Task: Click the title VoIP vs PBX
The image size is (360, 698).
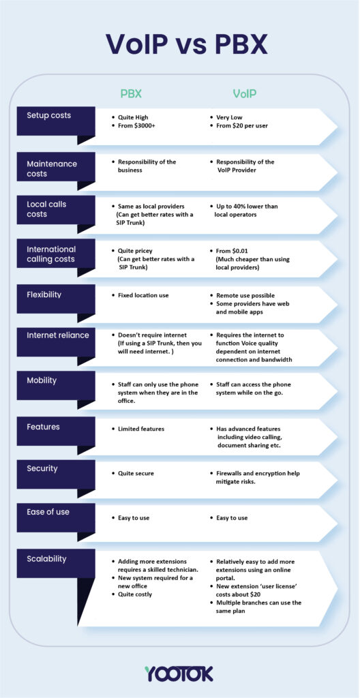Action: tap(186, 44)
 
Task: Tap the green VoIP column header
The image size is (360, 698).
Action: tap(245, 94)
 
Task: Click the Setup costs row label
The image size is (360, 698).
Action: tap(49, 115)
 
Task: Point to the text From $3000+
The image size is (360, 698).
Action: tap(138, 126)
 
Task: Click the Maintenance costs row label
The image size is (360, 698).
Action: tap(52, 168)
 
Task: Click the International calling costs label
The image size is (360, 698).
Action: tap(51, 254)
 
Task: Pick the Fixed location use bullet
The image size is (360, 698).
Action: tap(143, 295)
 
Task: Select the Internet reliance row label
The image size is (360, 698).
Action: tap(58, 335)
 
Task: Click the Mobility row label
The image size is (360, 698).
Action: tap(42, 380)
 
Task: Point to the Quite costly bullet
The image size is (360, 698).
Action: tap(134, 594)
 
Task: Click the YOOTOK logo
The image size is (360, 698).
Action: tap(179, 673)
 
